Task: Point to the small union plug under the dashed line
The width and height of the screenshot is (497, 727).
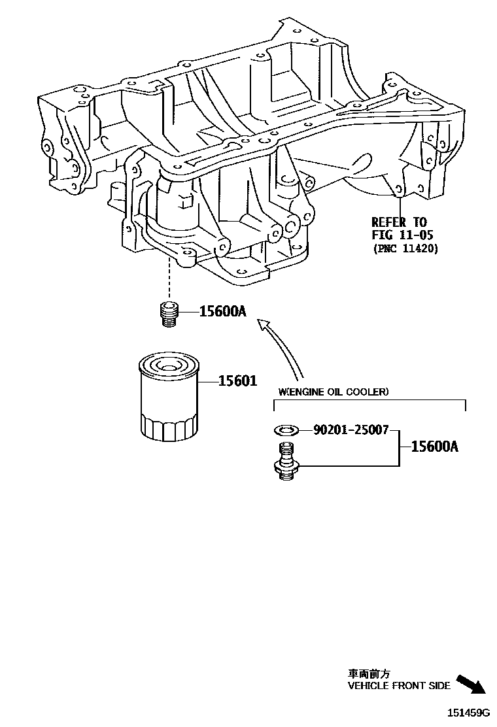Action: tap(169, 313)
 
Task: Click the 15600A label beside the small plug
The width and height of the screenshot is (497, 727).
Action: tap(223, 312)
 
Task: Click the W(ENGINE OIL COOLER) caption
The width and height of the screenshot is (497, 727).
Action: tap(334, 392)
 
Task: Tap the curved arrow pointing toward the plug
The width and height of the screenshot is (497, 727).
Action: tap(283, 347)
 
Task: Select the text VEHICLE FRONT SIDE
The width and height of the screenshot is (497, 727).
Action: tap(399, 686)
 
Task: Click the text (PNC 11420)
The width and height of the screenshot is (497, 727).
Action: tap(405, 248)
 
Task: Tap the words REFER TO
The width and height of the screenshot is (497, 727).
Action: tap(399, 222)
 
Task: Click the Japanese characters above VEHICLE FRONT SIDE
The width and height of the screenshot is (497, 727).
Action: tap(369, 673)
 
